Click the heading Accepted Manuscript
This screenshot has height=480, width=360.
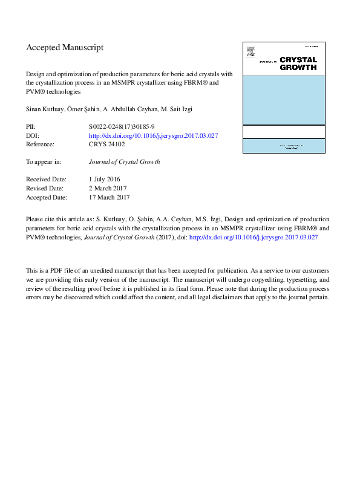point(65,47)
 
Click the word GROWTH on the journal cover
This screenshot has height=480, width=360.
point(297,68)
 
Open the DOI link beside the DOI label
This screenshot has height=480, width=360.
point(153,136)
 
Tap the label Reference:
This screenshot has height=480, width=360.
point(40,145)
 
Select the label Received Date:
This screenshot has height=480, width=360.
point(45,180)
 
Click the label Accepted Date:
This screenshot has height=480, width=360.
point(47,197)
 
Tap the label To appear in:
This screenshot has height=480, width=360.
point(44,162)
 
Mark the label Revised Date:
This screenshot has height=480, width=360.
point(45,189)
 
